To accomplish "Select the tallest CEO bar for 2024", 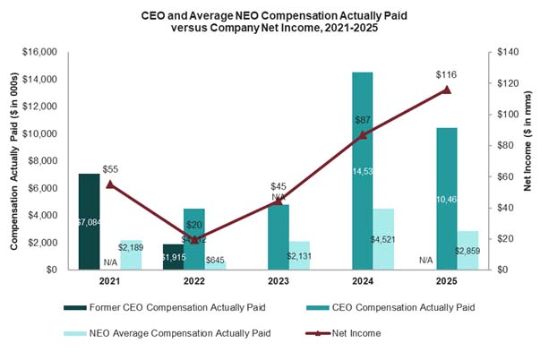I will [363, 170].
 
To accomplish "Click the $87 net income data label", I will [364, 119].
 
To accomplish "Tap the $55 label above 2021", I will [110, 168].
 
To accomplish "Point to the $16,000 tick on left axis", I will [39, 52].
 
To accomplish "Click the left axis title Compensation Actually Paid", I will [13, 161].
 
